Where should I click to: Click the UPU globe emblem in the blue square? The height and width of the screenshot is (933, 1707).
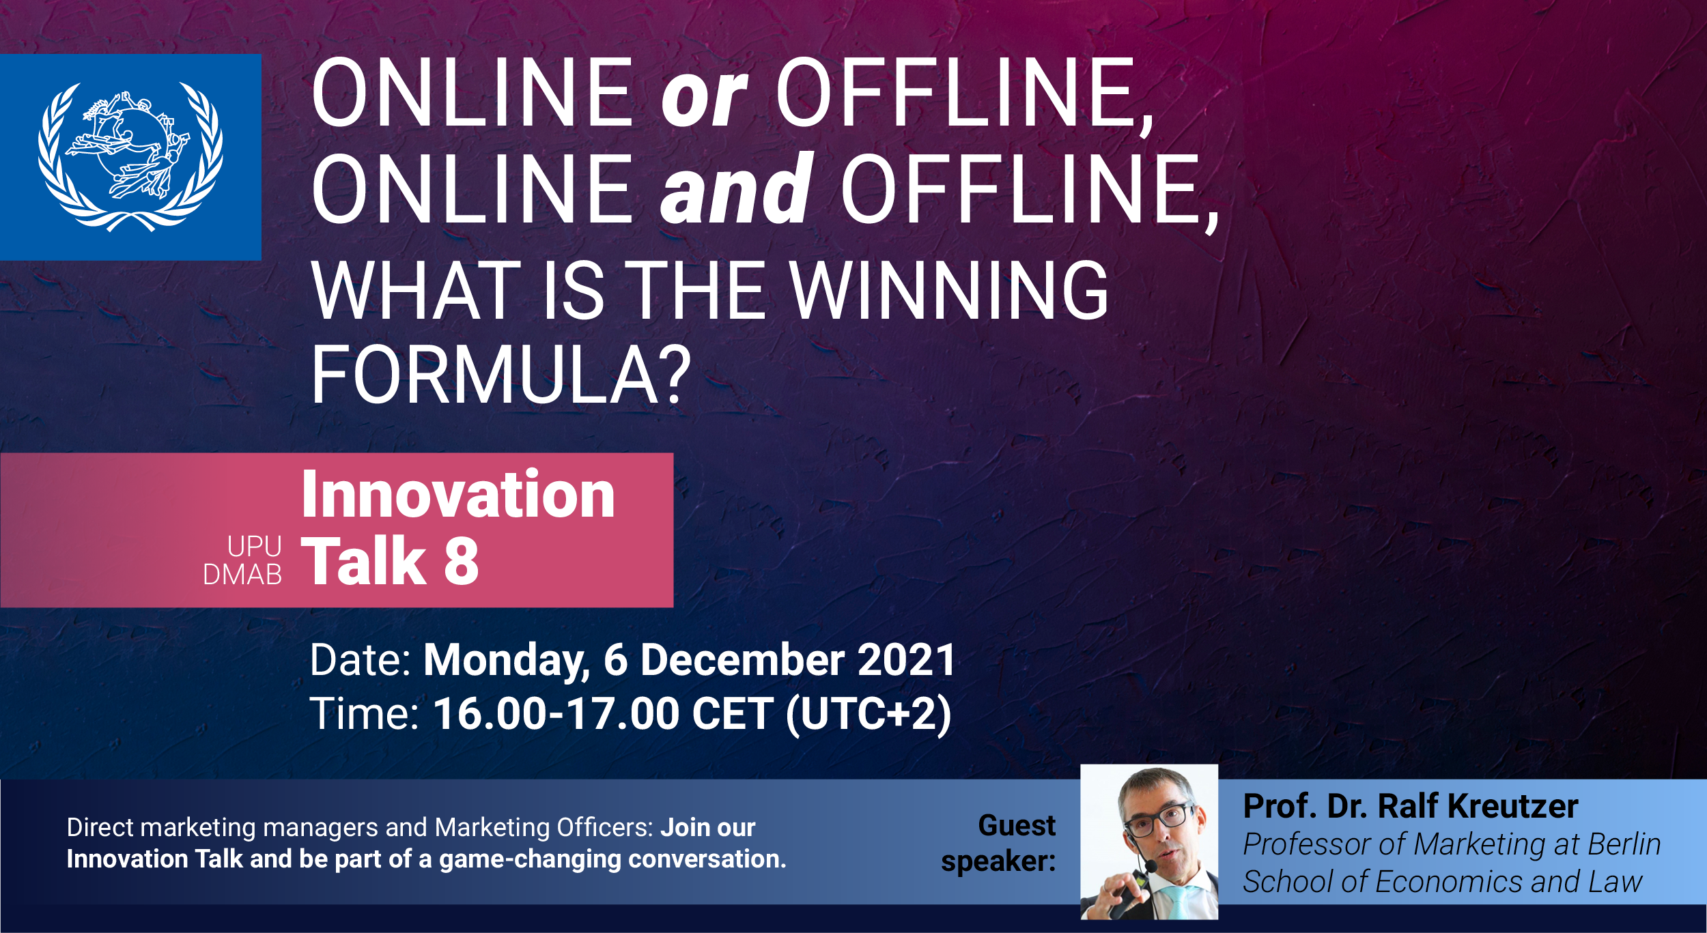(x=130, y=157)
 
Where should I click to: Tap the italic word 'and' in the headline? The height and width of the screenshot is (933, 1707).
(x=736, y=188)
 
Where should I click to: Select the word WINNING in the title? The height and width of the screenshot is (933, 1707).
(x=949, y=291)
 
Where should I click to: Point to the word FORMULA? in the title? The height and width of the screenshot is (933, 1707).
(x=501, y=375)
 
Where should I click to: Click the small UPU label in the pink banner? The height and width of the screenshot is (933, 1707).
(x=254, y=546)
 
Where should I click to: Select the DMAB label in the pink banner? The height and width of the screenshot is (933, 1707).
(x=242, y=575)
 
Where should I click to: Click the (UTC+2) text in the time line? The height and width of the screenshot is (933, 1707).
(x=869, y=715)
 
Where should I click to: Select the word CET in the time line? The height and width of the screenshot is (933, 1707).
(x=733, y=713)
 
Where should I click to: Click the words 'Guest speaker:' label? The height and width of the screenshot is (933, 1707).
(x=998, y=843)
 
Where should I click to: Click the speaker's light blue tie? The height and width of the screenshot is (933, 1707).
(x=1180, y=902)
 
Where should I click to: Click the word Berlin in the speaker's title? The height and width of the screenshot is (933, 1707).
(x=1624, y=844)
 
